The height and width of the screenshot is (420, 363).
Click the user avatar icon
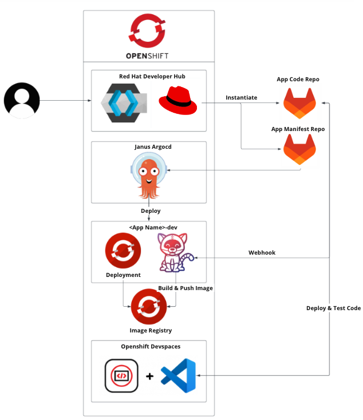22,101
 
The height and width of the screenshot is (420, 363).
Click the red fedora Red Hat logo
177,101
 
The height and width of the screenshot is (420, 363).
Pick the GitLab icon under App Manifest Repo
299,150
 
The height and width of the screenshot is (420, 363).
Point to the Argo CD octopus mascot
148,178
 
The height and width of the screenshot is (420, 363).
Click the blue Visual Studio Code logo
178,377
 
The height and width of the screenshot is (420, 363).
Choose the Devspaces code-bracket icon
121,376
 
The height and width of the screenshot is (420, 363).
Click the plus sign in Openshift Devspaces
149,377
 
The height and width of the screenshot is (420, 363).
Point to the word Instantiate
241,98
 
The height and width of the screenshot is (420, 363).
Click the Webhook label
262,252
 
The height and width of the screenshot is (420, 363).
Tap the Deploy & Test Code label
333,308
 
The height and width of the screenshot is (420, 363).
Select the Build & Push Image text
185,288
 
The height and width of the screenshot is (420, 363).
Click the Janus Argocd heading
149,147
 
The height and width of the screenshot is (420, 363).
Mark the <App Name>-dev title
149,227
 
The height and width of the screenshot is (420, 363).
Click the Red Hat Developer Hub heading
148,76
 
